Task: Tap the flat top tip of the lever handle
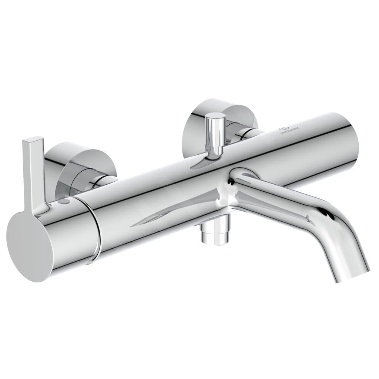point(34,140)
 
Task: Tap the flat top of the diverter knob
point(215,117)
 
